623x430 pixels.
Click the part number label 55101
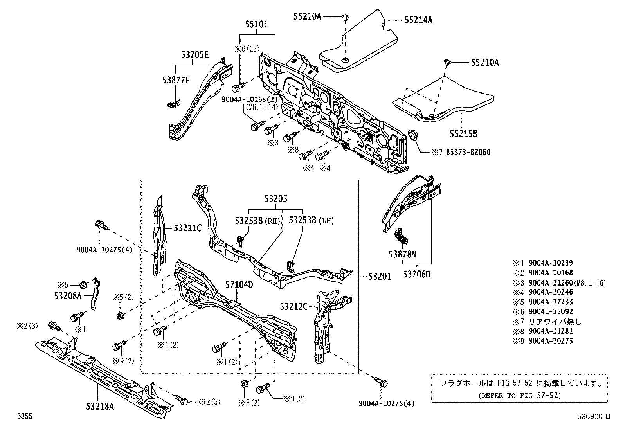[x=257, y=24]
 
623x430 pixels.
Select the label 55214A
[x=418, y=20]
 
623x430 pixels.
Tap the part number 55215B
[x=463, y=134]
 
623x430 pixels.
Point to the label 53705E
[x=195, y=55]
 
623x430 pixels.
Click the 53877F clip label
[x=176, y=80]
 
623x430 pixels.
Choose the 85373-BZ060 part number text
[x=468, y=152]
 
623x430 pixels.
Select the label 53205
[x=275, y=199]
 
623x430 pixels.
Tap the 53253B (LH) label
[x=311, y=220]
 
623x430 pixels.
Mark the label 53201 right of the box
[x=380, y=277]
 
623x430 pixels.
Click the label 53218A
[x=100, y=406]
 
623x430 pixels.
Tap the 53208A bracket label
[x=68, y=296]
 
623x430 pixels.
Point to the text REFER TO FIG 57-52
[x=520, y=395]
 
